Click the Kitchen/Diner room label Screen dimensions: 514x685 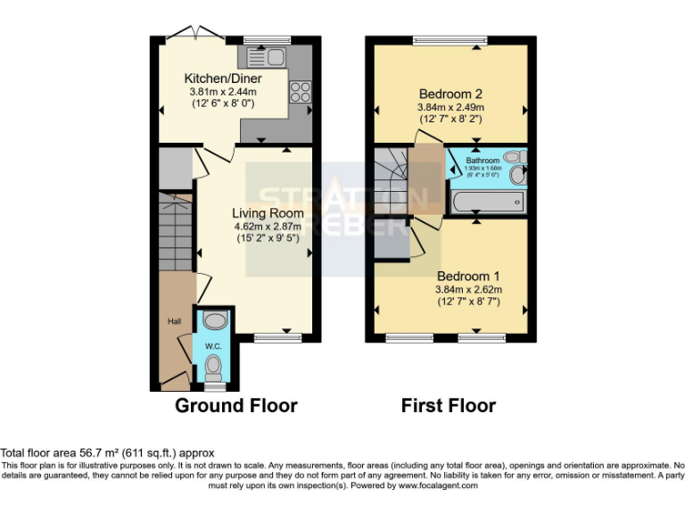pyautogui.click(x=223, y=79)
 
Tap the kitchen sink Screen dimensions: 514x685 pyautogui.click(x=266, y=59)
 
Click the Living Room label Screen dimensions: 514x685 pyautogui.click(x=268, y=213)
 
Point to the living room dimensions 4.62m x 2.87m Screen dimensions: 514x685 pyautogui.click(x=268, y=227)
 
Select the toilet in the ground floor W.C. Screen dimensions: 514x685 pyautogui.click(x=214, y=367)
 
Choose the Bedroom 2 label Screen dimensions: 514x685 pyautogui.click(x=450, y=94)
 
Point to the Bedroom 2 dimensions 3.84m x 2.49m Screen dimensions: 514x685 pyautogui.click(x=450, y=107)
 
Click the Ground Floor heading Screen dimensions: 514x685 pyautogui.click(x=235, y=406)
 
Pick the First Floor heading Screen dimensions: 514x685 pyautogui.click(x=448, y=406)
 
